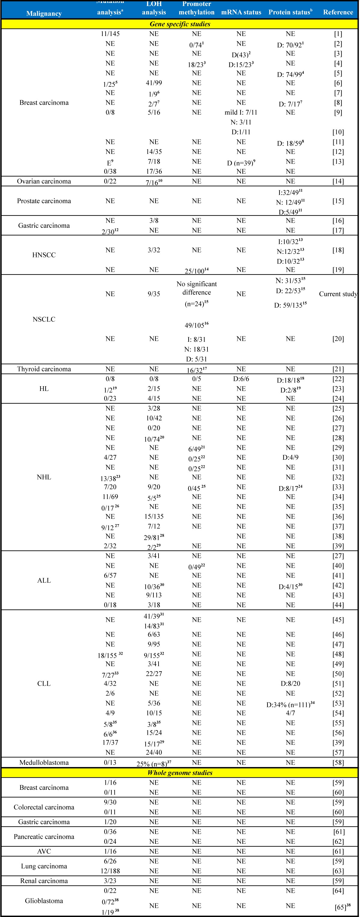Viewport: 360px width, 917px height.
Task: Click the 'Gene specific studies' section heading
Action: (x=180, y=24)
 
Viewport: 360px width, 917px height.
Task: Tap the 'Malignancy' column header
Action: (x=44, y=14)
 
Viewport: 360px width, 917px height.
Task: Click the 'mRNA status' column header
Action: (x=241, y=12)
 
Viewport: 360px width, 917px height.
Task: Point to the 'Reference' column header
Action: (x=338, y=12)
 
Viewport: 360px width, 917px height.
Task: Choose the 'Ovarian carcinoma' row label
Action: (x=44, y=181)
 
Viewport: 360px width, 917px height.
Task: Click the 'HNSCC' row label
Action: (x=44, y=255)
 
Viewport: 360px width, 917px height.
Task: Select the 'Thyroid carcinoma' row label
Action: (x=44, y=369)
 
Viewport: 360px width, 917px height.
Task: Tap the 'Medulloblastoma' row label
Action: (x=44, y=762)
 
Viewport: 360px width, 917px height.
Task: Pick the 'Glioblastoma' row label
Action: (x=44, y=900)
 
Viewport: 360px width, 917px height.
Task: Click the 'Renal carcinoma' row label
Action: (x=44, y=881)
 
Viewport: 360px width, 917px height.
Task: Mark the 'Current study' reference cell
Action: (x=338, y=294)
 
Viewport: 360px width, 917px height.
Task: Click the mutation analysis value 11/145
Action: (x=110, y=34)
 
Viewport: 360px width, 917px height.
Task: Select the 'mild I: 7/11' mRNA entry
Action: (x=241, y=113)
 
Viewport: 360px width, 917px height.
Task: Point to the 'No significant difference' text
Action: (x=197, y=288)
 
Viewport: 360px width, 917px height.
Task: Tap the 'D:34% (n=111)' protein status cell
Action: (x=290, y=703)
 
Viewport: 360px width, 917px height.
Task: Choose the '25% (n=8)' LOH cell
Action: (x=154, y=763)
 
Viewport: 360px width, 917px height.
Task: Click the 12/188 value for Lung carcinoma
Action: (x=110, y=871)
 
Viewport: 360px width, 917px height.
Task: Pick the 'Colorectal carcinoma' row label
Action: (x=44, y=807)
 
